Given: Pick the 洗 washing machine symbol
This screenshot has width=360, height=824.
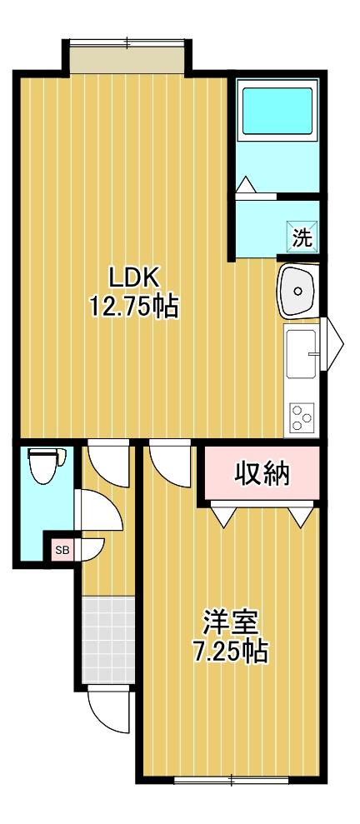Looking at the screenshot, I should coord(302,236).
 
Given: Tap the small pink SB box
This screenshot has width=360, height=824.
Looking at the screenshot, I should coord(62,549).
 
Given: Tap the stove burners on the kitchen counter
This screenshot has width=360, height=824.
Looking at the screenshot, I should coord(300,414).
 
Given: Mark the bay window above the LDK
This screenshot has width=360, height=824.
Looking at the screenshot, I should coord(127,57).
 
